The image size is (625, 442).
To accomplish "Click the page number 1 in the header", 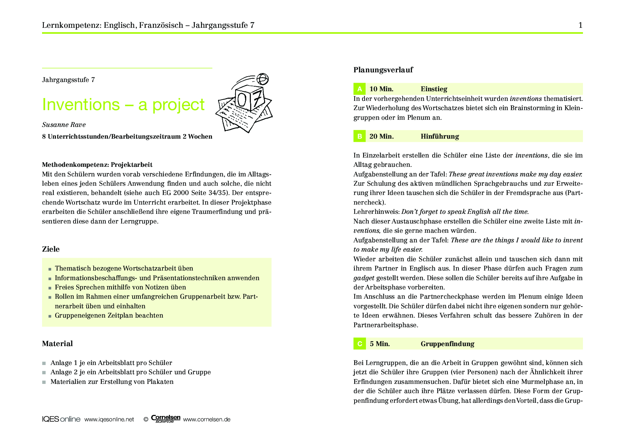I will (x=580, y=25).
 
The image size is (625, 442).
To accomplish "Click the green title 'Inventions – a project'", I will (x=123, y=104).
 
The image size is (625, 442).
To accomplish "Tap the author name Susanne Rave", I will (x=64, y=125).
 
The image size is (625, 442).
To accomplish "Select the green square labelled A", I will (x=360, y=89).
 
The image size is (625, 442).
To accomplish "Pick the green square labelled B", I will (x=360, y=136).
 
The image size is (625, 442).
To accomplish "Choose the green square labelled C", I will (x=360, y=344).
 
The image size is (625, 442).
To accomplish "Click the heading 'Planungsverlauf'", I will (x=383, y=70).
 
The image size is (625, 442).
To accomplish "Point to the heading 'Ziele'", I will (x=51, y=249).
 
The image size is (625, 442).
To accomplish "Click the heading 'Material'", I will (x=57, y=344).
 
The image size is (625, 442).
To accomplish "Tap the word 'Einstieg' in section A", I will (x=434, y=89).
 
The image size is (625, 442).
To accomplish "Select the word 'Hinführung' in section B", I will (x=440, y=136).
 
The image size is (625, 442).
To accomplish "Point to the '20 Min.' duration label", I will (x=382, y=136).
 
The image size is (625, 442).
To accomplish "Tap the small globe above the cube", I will (x=263, y=79).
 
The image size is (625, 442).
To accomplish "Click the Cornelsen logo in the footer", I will (x=166, y=419).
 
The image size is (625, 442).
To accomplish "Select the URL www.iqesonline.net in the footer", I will (x=109, y=420).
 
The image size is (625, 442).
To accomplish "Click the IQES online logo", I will (x=61, y=419).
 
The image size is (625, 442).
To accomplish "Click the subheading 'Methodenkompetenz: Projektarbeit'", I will (x=97, y=165).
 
